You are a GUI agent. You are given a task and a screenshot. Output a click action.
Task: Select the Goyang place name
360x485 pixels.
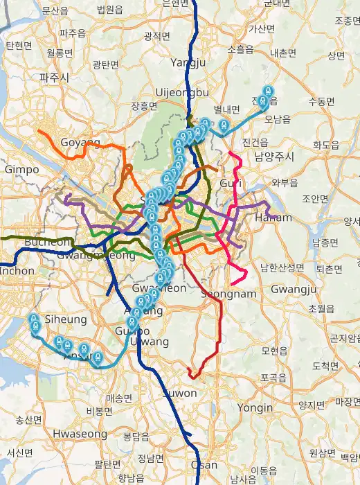pyautogui.click(x=80, y=142)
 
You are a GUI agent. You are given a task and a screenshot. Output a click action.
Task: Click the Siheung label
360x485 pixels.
pyautogui.click(x=65, y=319)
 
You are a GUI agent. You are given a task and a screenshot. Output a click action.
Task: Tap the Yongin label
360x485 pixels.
pyautogui.click(x=255, y=408)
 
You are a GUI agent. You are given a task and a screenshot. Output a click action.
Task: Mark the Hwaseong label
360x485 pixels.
pyautogui.click(x=80, y=434)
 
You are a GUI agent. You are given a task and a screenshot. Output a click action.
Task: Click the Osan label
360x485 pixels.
pyautogui.click(x=203, y=465)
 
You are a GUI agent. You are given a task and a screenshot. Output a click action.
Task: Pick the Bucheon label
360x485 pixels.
pyautogui.click(x=47, y=242)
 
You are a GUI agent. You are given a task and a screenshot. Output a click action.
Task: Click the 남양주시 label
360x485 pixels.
pyautogui.click(x=274, y=157)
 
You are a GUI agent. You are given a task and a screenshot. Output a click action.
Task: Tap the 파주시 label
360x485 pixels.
pyautogui.click(x=54, y=78)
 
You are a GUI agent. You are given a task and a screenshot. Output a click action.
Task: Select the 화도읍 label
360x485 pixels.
pyautogui.click(x=327, y=145)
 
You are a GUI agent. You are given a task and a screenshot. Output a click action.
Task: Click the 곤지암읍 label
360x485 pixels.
pyautogui.click(x=343, y=338)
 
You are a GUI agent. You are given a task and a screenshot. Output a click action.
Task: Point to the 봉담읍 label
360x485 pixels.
pyautogui.click(x=136, y=436)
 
